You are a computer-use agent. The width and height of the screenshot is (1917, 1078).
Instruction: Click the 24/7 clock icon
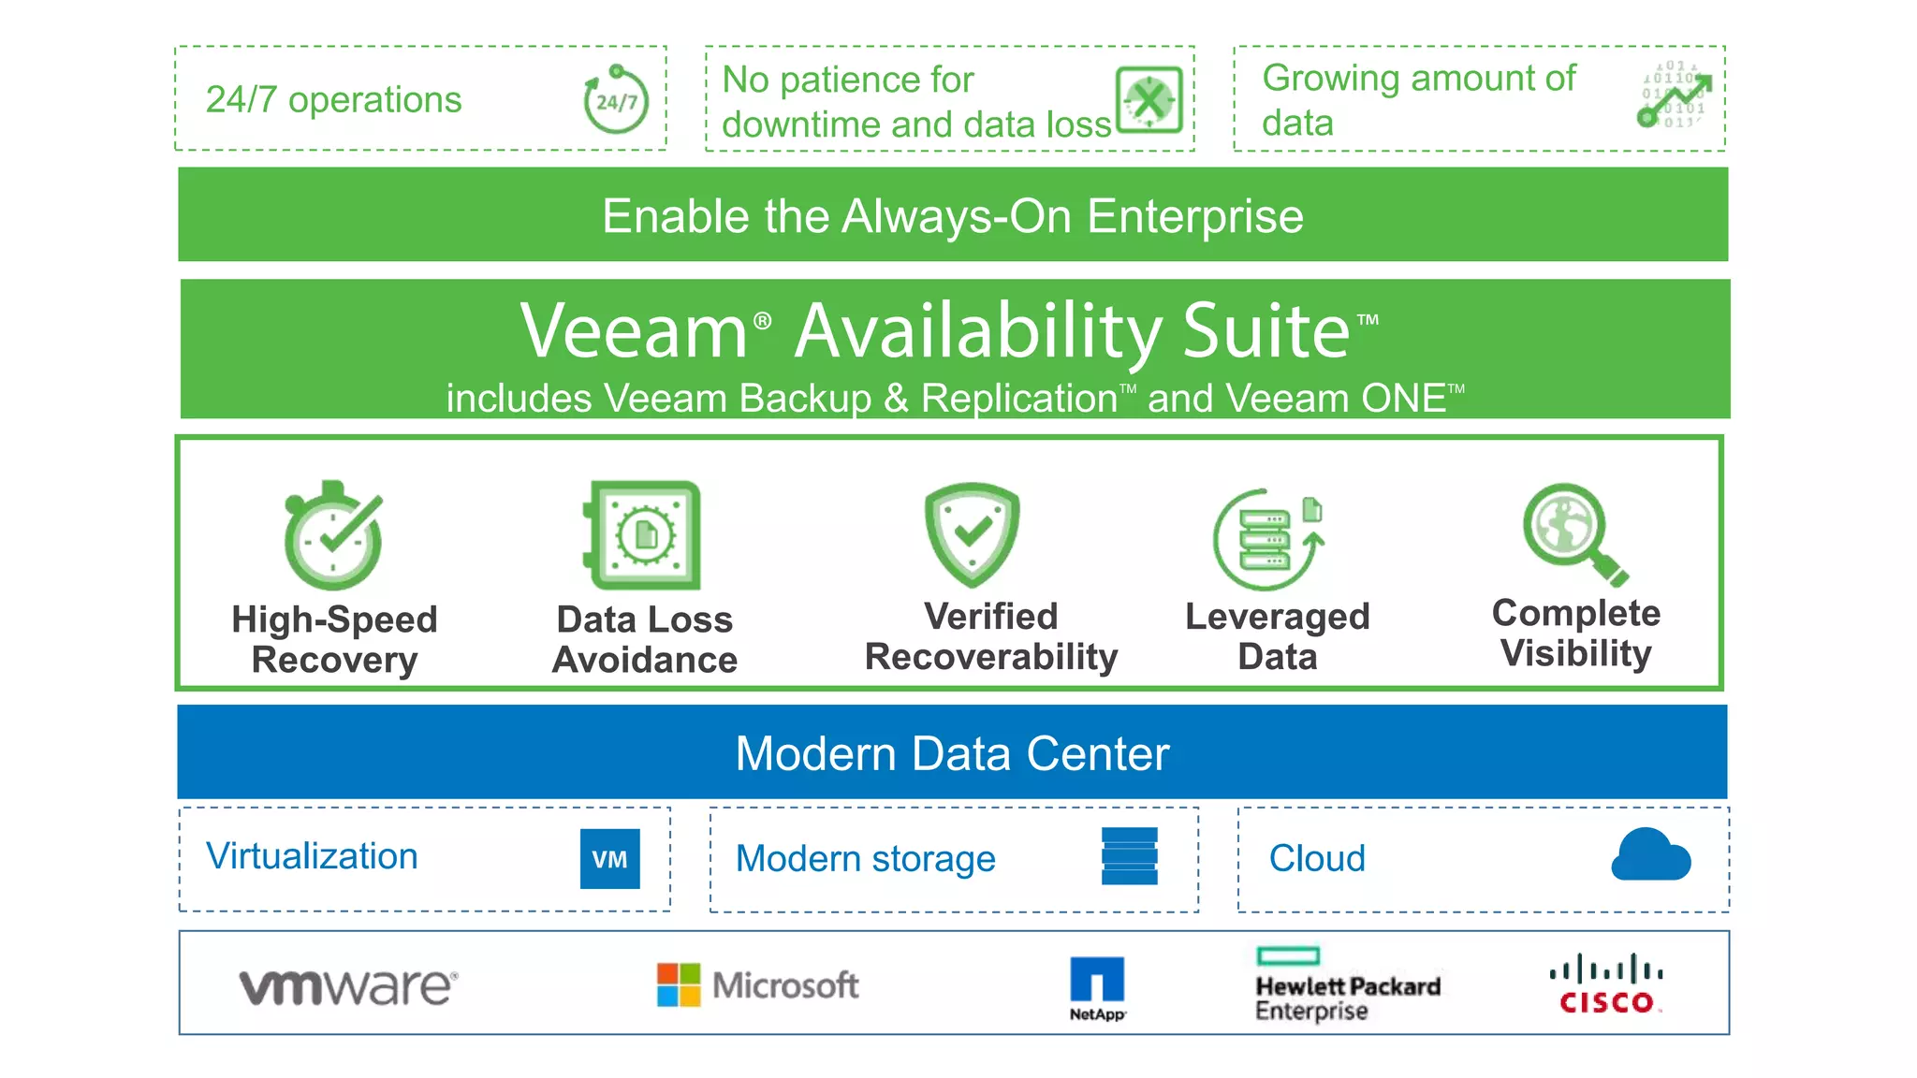616,99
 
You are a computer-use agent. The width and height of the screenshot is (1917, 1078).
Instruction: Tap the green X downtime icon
1149,99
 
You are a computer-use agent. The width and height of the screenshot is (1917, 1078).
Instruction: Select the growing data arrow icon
1675,96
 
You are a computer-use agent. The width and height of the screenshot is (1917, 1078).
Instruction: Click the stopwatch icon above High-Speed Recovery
333,535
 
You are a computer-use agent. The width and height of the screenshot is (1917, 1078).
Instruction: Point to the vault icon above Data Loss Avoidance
643,535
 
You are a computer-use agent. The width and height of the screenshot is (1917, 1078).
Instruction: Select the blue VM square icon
609,858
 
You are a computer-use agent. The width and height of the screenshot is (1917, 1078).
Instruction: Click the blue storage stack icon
1130,856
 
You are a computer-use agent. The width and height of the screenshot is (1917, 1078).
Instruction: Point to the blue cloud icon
1650,854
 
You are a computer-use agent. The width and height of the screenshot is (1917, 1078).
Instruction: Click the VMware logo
348,986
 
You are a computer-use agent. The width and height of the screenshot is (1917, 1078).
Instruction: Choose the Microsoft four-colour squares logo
679,984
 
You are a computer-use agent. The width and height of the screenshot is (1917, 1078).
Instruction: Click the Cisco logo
1606,984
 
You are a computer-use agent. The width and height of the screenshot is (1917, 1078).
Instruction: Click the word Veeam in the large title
634,331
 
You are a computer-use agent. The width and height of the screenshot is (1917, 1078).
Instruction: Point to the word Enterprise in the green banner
1195,216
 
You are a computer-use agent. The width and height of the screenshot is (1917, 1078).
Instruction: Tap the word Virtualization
312,856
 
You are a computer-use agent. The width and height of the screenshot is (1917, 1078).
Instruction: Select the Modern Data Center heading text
952,753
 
